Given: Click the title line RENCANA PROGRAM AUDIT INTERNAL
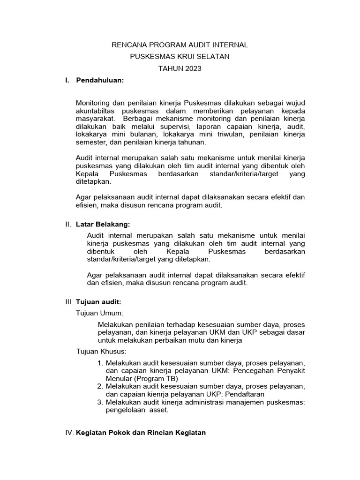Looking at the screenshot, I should pos(180,45).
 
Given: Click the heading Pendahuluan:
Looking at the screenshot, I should pos(100,80).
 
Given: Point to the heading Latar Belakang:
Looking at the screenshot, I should pos(104,225).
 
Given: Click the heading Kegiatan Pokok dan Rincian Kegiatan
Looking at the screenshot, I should pos(141,433).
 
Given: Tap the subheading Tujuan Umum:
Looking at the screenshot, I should pos(99,313).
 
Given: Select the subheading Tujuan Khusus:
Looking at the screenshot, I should pos(101,351).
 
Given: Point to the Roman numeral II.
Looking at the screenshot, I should pos(68,225).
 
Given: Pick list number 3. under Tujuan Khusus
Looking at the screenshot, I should pos(100,402).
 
